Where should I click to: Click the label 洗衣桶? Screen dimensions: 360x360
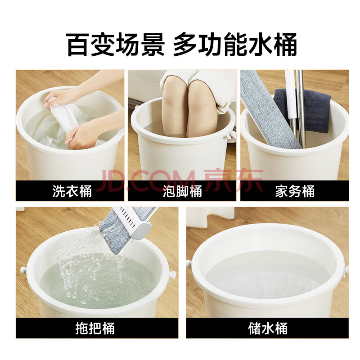[72, 191]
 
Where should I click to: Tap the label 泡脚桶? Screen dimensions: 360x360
[182, 191]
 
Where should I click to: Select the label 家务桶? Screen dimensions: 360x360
[295, 191]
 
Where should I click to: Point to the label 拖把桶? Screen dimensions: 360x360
[95, 328]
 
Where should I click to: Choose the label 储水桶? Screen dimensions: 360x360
[268, 328]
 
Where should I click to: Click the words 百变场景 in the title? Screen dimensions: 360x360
[115, 45]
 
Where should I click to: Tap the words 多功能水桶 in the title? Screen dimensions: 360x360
[234, 45]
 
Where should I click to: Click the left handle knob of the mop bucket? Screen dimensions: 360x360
[23, 270]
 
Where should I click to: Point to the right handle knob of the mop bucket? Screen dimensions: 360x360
[172, 274]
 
